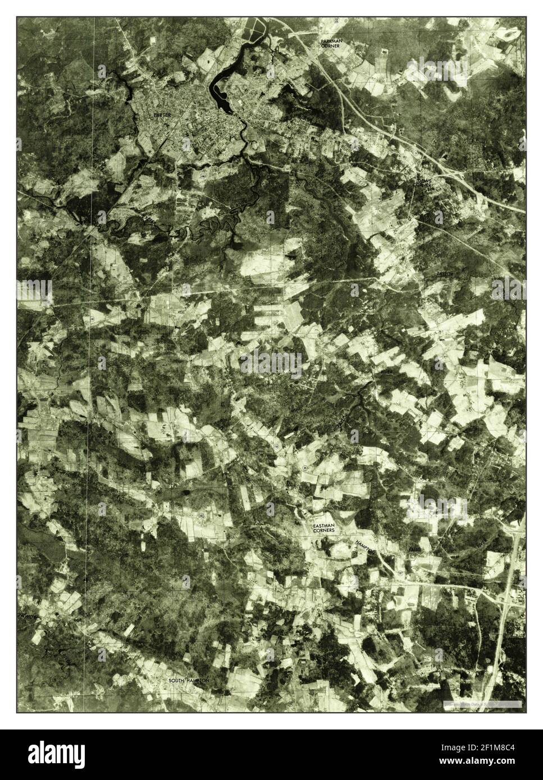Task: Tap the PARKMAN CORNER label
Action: point(331,44)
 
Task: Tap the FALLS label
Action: point(414,548)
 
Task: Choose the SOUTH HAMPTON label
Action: point(189,680)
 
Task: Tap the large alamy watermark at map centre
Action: point(271,364)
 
